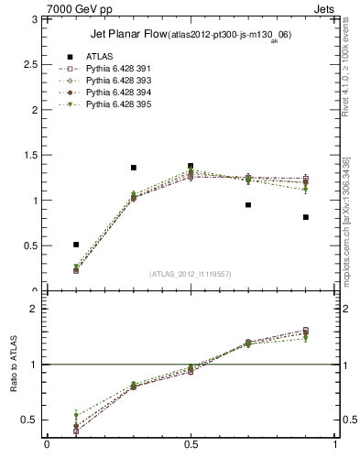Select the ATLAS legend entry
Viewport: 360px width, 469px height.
coord(98,57)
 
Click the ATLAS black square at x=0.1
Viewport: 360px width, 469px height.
coord(76,245)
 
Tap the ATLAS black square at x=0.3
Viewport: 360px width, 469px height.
coord(134,168)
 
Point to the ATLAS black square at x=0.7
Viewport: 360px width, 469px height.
coord(248,205)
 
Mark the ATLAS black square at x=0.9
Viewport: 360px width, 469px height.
coord(306,217)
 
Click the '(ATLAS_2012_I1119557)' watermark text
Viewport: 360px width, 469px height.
coord(191,274)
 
